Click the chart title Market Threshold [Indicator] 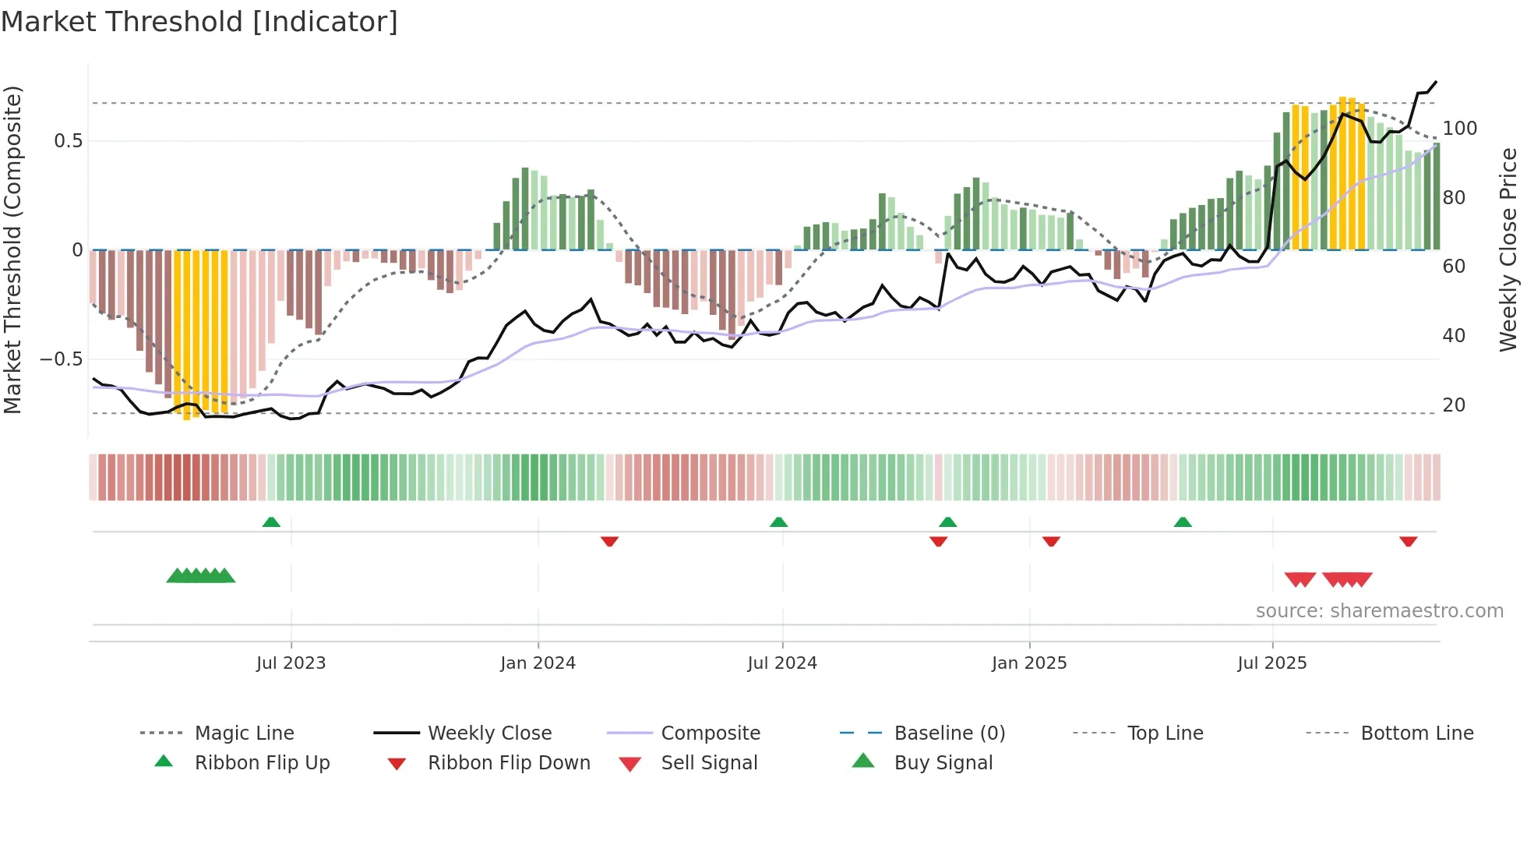pos(199,22)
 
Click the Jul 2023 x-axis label pos(291,663)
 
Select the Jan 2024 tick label pos(538,663)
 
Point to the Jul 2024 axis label pos(782,663)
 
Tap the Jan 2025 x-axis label pos(1029,663)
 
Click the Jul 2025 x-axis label pos(1272,663)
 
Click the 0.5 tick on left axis pos(68,141)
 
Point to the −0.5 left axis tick pos(62,359)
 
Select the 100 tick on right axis pos(1460,129)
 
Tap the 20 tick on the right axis pos(1454,405)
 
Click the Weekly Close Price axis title pos(1508,249)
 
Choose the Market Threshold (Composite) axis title pos(12,249)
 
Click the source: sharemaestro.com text pos(1379,611)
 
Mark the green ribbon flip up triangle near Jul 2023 pos(271,522)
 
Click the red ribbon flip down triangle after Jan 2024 pos(609,541)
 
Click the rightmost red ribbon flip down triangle pos(1408,541)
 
